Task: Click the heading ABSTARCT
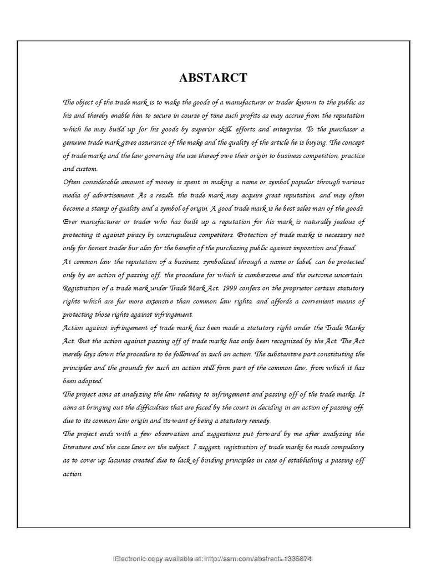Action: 213,78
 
